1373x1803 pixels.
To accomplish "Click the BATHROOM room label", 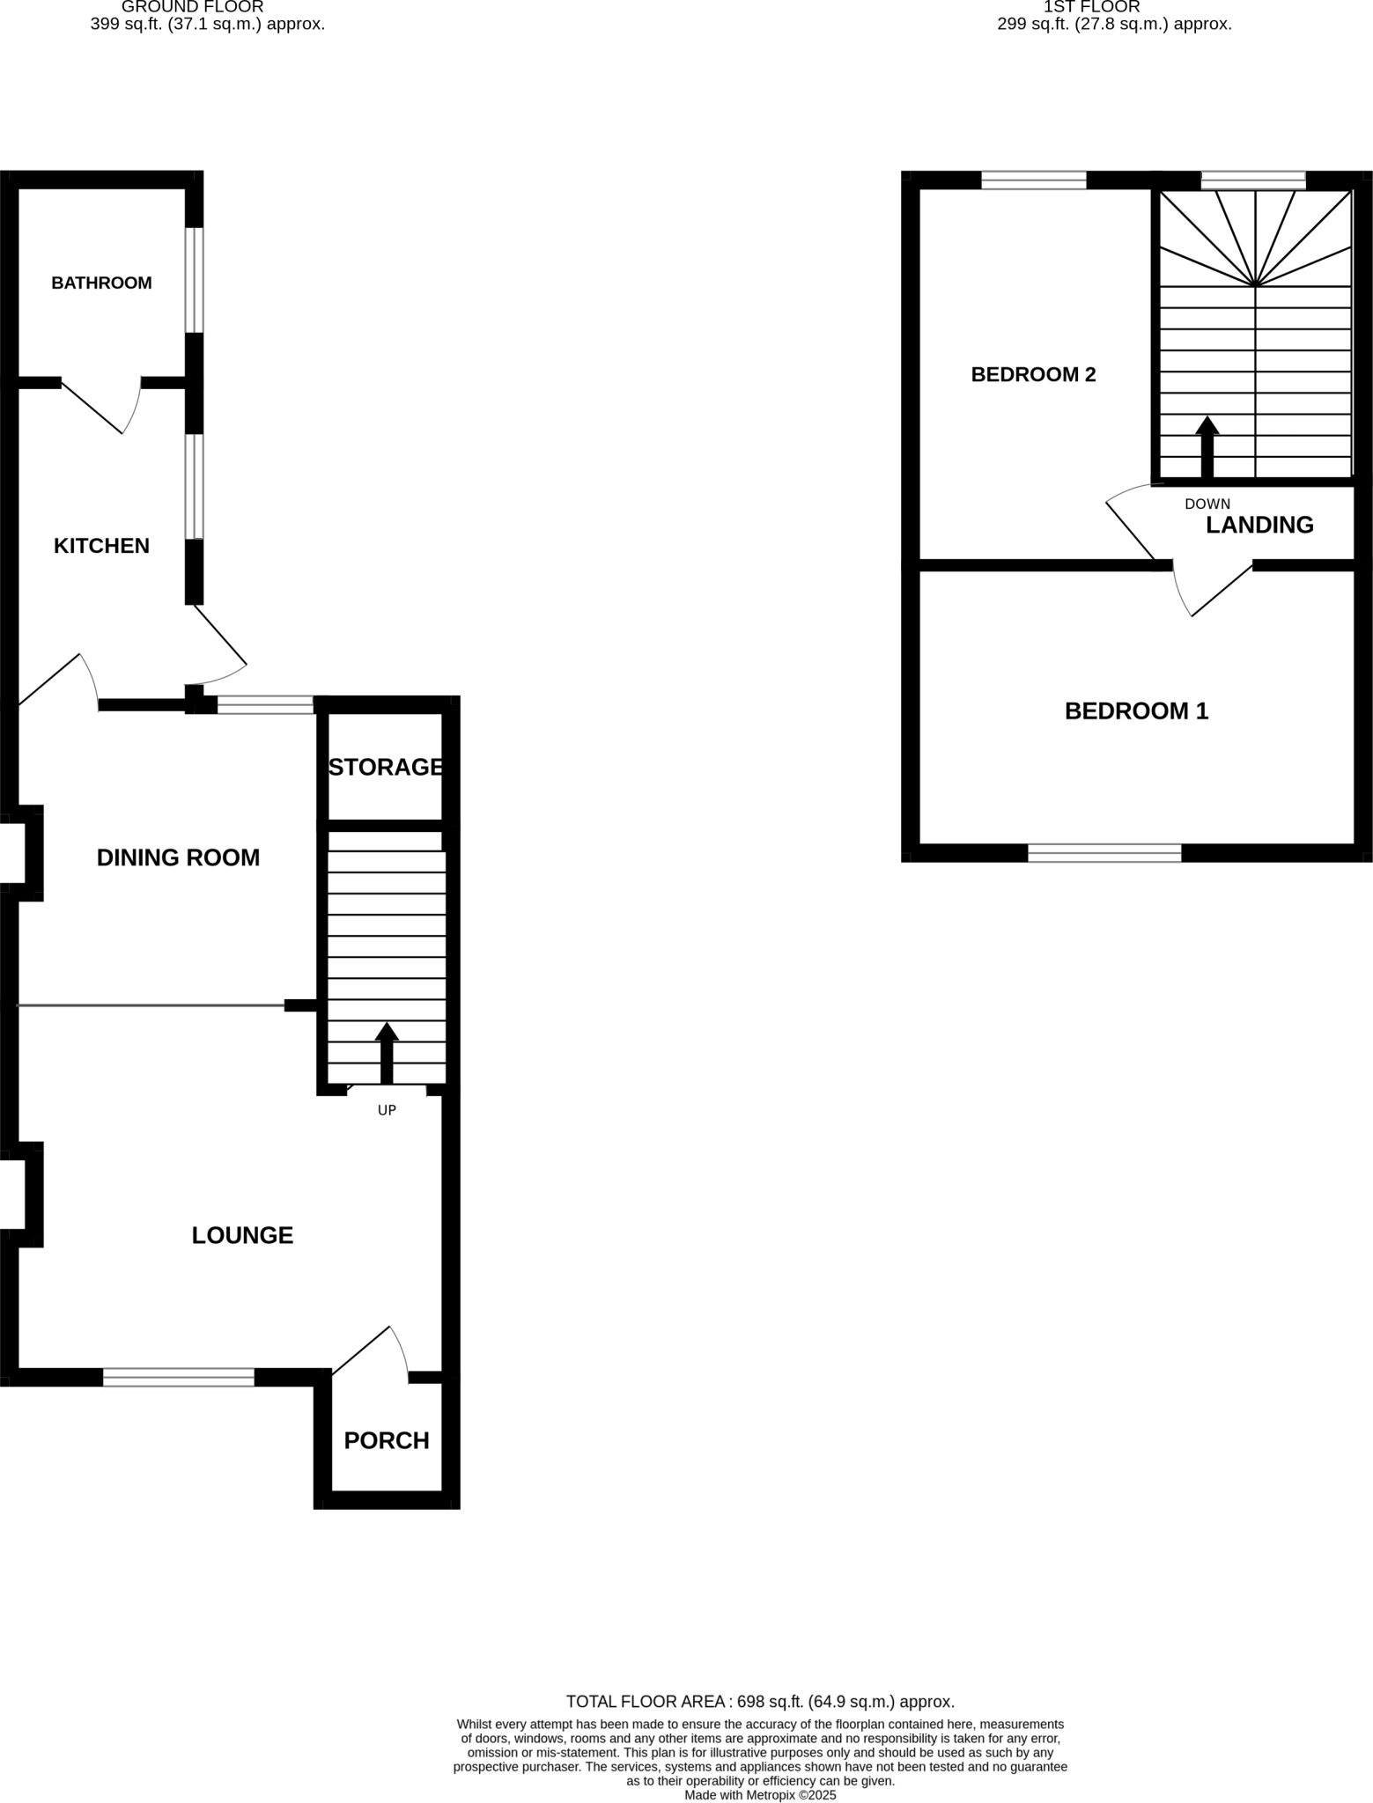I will click(101, 283).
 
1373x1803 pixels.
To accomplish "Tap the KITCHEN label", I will click(101, 546).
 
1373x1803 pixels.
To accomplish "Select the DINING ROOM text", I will click(178, 857).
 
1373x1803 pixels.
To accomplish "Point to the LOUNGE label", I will click(242, 1235).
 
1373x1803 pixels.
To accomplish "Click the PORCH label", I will click(387, 1440).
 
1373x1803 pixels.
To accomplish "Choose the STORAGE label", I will click(386, 767).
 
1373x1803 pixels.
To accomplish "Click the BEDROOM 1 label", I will click(1136, 710).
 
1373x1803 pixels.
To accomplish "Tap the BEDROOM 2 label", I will click(1033, 374).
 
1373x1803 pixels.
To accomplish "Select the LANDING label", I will click(1259, 525).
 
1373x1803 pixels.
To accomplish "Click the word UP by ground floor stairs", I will click(387, 1110).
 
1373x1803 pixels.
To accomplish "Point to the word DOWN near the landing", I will click(1207, 504).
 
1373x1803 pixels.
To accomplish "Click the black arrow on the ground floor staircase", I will click(387, 1052).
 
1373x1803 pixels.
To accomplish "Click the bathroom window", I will click(195, 280).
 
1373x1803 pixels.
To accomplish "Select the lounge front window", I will click(179, 1378).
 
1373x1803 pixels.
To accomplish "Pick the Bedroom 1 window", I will click(1104, 852).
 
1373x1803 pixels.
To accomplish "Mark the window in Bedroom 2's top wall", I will click(1034, 180).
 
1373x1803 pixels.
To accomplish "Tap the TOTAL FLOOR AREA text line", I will click(760, 1702).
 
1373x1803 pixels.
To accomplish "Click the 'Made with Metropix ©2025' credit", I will click(760, 1794).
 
